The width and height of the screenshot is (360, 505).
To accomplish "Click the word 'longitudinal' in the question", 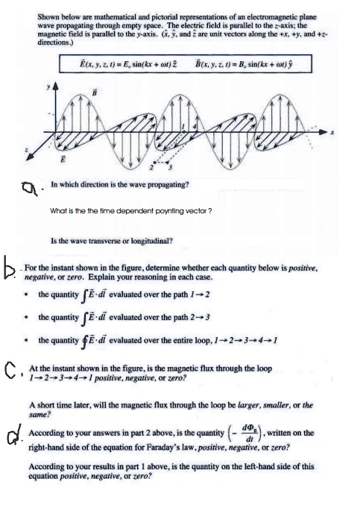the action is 154,240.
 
